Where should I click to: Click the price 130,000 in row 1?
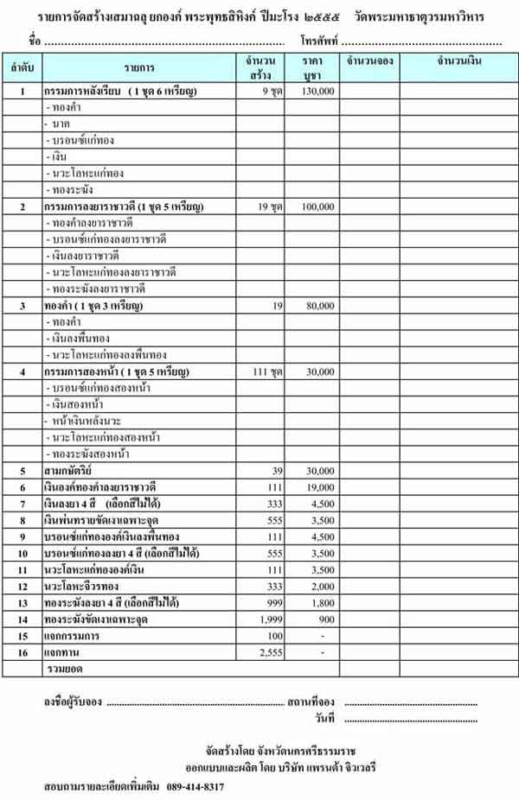click(317, 91)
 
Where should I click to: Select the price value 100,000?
click(317, 207)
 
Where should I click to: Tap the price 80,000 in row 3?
click(319, 306)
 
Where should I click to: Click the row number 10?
click(23, 553)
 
